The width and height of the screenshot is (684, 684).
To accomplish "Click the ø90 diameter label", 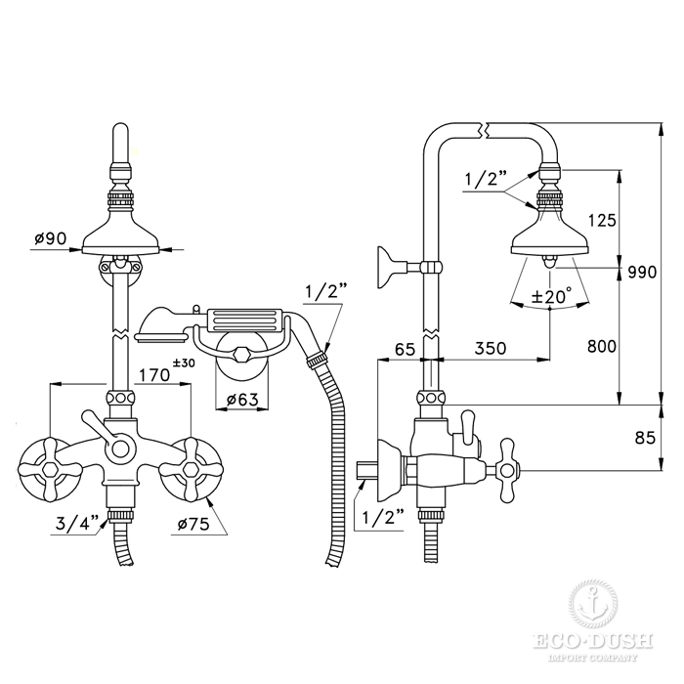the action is point(50,238).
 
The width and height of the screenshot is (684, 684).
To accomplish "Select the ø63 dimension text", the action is point(242,399).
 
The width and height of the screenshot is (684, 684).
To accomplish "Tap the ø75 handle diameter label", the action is point(193,524).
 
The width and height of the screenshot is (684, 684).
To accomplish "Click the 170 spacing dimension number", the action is point(154,374).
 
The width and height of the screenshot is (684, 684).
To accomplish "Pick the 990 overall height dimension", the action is point(642,273).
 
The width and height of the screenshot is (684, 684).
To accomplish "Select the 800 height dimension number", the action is point(602,346).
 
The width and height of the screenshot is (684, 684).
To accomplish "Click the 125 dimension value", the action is point(602,221).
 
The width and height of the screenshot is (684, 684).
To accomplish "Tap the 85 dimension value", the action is point(646,438).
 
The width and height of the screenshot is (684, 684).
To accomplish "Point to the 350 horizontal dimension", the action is point(491,348).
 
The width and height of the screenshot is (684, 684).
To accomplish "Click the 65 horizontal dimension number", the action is point(405,349).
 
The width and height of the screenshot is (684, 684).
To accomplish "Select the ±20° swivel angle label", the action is point(551,297).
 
